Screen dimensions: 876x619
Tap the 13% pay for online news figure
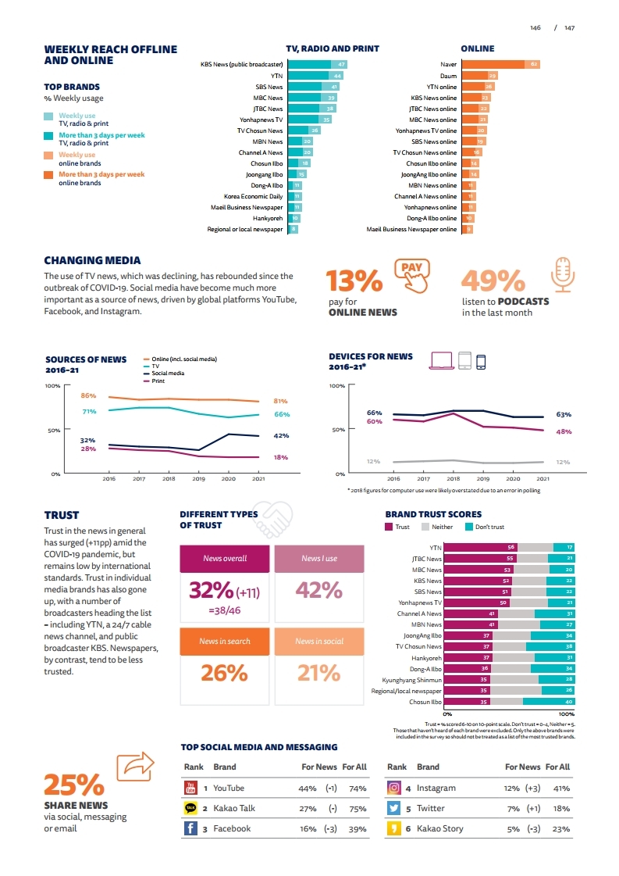click(354, 281)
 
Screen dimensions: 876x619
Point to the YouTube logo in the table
click(190, 788)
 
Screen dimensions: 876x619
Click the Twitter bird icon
click(394, 808)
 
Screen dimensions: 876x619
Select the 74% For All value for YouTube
click(358, 788)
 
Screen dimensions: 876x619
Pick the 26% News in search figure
click(225, 672)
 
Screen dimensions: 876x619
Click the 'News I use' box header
click(319, 558)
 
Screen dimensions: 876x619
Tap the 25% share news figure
click(73, 784)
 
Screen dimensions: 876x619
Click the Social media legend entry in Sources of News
click(167, 374)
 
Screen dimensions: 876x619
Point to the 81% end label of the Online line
click(281, 401)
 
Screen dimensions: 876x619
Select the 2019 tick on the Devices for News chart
click(482, 478)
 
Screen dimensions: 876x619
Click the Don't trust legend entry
click(489, 527)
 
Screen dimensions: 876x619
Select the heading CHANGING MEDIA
click(92, 260)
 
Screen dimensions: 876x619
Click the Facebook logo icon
click(190, 828)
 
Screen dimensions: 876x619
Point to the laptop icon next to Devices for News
click(441, 360)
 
